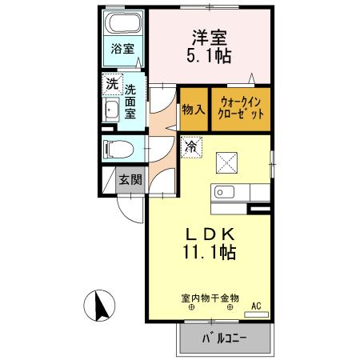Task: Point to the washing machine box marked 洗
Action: tap(110, 82)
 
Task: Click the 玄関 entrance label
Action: tap(130, 179)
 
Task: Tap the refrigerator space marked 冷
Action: tap(191, 146)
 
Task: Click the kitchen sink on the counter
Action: tap(222, 192)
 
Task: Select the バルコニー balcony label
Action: tap(217, 338)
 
